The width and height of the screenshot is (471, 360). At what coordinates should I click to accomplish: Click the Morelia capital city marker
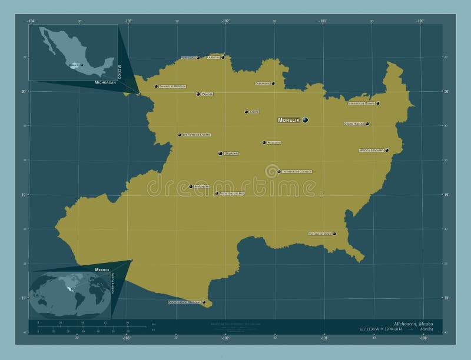click(x=305, y=120)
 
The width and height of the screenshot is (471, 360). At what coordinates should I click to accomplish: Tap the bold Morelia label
click(x=289, y=120)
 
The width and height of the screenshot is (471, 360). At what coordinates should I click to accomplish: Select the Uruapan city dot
click(x=220, y=154)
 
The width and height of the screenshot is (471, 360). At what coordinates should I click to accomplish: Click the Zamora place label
click(x=207, y=94)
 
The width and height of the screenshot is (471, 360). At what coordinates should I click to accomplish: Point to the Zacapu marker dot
click(x=246, y=112)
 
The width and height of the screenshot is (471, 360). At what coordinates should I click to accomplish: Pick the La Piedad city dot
click(x=223, y=58)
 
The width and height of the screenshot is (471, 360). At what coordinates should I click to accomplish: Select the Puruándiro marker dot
click(x=273, y=84)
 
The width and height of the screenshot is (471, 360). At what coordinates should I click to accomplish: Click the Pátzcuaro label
click(x=274, y=142)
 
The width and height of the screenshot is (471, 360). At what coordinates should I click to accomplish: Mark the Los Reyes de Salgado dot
click(x=180, y=135)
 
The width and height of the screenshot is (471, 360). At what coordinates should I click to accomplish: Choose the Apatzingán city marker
click(x=191, y=186)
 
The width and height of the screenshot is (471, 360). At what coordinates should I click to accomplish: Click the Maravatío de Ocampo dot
click(x=378, y=104)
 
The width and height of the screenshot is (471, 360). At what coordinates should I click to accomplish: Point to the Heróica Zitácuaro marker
click(x=387, y=151)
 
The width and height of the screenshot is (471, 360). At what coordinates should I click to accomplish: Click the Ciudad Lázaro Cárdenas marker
click(x=204, y=302)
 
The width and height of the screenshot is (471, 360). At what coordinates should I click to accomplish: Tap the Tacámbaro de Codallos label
click(x=297, y=172)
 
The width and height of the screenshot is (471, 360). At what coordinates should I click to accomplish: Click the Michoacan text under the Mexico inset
click(x=105, y=83)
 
